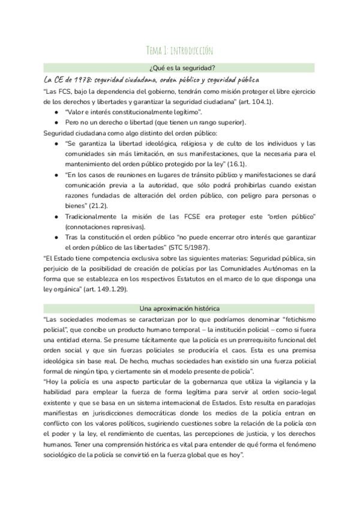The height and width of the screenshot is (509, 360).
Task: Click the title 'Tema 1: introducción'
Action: pyautogui.click(x=179, y=50)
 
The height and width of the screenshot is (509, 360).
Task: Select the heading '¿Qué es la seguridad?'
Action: pyautogui.click(x=179, y=67)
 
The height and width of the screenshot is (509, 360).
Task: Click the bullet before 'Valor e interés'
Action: pyautogui.click(x=56, y=112)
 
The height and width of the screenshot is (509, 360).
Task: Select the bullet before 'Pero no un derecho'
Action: pyautogui.click(x=56, y=122)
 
